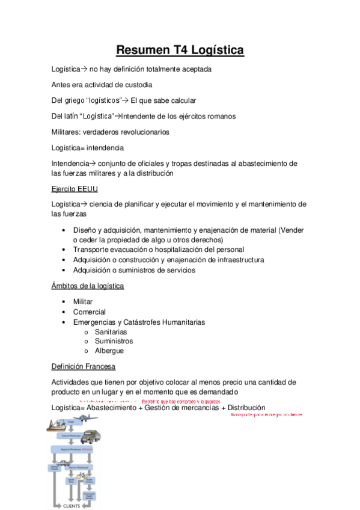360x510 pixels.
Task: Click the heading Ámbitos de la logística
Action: point(88,286)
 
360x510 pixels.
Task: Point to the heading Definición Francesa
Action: point(84,366)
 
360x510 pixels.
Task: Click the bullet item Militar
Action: point(83,301)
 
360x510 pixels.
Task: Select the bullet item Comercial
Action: point(90,312)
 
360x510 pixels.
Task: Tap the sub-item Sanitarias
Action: point(111,331)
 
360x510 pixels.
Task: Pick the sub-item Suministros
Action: point(112,341)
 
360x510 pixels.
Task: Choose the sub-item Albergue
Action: point(109,351)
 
